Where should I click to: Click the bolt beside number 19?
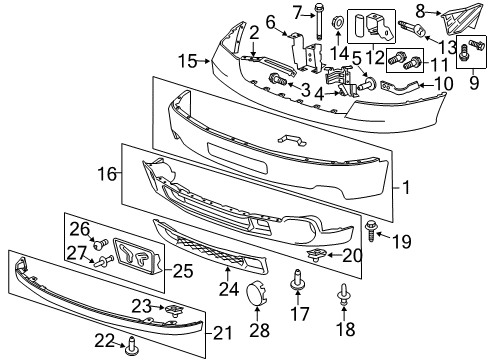(x=374, y=229)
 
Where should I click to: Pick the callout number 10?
(x=445, y=83)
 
